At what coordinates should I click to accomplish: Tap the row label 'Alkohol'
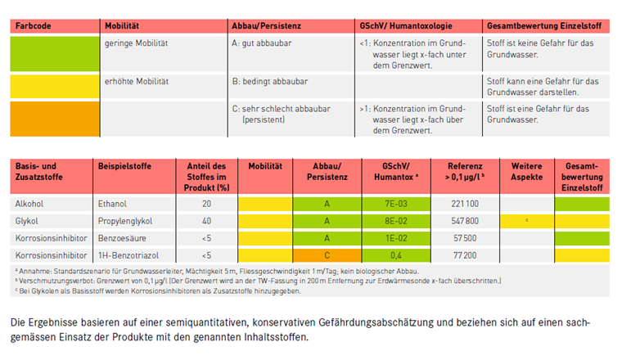pos(30,202)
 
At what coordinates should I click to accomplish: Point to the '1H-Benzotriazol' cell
pos(127,256)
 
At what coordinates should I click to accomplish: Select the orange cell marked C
pos(327,256)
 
